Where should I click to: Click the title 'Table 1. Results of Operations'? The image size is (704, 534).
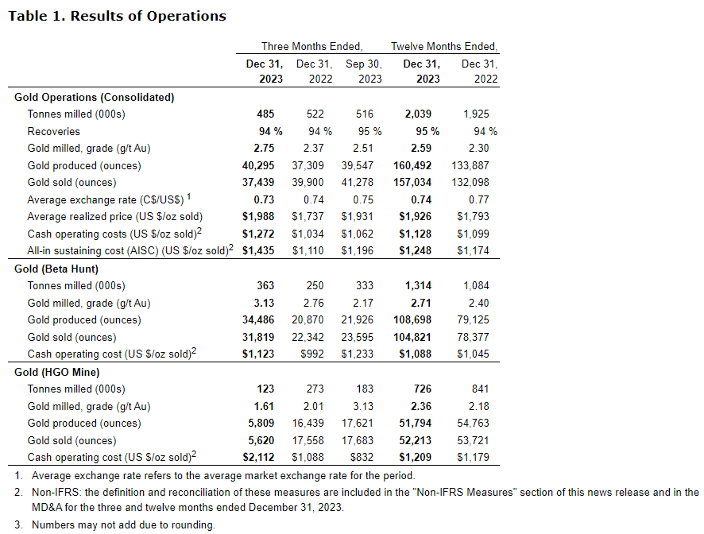coord(117,16)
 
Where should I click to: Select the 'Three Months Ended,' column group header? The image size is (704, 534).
coord(312,47)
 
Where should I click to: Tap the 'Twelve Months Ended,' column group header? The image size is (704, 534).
coord(444,47)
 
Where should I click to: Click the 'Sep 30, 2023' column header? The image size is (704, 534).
coord(364,71)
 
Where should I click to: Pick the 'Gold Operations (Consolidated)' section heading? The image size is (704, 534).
coord(95,97)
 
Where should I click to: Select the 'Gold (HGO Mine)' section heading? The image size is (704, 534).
coord(57,372)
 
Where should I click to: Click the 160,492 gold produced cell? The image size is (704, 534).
coord(416,165)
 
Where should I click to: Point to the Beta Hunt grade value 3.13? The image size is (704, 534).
coord(261,303)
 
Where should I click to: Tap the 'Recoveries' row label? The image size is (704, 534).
coord(54,131)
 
